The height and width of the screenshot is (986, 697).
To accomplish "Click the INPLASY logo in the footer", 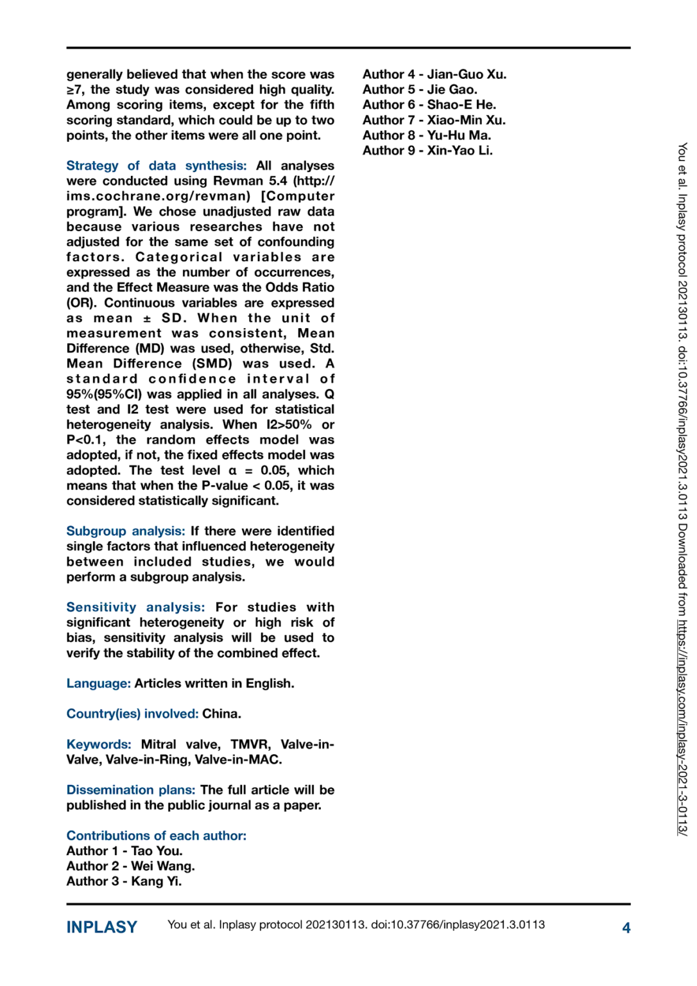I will pyautogui.click(x=101, y=927).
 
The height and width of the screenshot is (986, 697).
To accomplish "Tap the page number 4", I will pyautogui.click(x=626, y=928).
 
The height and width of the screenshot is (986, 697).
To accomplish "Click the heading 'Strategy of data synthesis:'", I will pyautogui.click(x=156, y=166).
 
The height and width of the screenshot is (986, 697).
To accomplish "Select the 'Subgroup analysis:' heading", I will pyautogui.click(x=125, y=531).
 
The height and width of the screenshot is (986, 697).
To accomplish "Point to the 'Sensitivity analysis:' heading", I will pyautogui.click(x=135, y=607).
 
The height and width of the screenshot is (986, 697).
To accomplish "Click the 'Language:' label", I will pyautogui.click(x=98, y=683).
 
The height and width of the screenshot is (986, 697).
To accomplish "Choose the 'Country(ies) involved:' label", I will pyautogui.click(x=132, y=714).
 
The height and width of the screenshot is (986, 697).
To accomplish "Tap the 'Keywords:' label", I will pyautogui.click(x=98, y=744).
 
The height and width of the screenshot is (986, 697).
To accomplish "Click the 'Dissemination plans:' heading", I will pyautogui.click(x=130, y=790).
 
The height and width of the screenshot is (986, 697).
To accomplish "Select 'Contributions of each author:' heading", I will pyautogui.click(x=156, y=836).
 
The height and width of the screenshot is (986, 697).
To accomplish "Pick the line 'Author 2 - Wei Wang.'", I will pyautogui.click(x=130, y=866).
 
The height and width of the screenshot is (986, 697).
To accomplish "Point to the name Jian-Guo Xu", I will pyautogui.click(x=467, y=74).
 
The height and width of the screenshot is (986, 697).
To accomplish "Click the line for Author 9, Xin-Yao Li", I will pyautogui.click(x=427, y=151).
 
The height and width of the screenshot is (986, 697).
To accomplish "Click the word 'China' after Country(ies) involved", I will pyautogui.click(x=221, y=714).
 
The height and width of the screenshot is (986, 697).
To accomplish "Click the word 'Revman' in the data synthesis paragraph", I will pyautogui.click(x=238, y=181).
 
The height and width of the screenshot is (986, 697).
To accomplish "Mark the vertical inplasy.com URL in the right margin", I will pyautogui.click(x=682, y=725).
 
